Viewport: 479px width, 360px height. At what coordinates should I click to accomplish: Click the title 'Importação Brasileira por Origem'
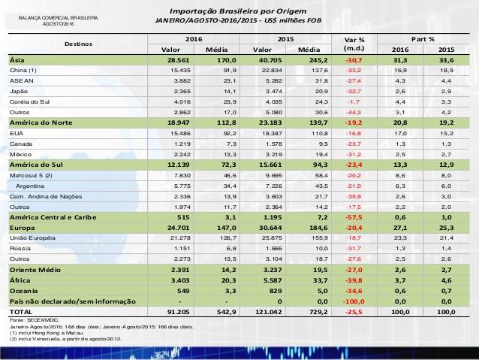238,11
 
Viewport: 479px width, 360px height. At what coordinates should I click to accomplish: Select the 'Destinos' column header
78,44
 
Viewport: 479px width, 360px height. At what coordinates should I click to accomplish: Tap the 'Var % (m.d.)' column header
354,44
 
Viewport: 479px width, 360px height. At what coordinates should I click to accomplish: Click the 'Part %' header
423,39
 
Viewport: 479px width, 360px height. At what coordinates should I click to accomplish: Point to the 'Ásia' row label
17,60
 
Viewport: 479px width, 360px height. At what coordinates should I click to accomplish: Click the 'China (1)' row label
23,71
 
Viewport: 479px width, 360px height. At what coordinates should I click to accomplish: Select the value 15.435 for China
179,71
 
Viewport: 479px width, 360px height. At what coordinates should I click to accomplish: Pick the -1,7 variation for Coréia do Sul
354,102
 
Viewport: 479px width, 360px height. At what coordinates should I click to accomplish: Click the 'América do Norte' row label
41,123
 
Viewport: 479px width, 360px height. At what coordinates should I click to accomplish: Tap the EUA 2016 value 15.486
179,133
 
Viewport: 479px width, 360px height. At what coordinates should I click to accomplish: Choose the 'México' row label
20,155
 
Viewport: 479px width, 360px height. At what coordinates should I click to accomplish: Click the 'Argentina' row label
30,186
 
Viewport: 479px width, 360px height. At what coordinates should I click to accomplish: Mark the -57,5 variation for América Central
354,217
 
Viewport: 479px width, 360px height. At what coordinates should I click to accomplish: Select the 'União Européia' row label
32,238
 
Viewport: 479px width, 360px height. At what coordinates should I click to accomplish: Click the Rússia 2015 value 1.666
274,248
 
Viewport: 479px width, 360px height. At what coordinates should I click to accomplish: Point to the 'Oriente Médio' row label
35,270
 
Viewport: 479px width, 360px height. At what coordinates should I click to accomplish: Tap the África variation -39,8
354,280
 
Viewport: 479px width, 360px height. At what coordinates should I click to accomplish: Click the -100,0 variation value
354,301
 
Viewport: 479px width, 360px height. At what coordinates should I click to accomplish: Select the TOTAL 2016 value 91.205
179,312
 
